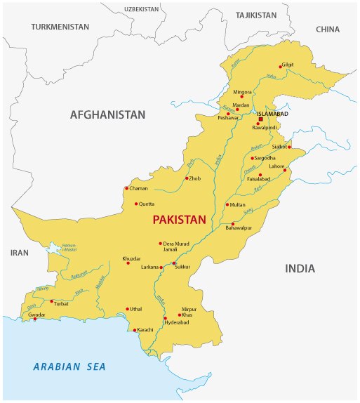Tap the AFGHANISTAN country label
coord(107,114)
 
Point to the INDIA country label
coord(300,268)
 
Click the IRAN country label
coord(20,252)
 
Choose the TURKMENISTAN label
coord(60,27)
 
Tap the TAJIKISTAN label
coord(256,15)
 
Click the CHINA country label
coord(327,29)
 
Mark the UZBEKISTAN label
coord(142,9)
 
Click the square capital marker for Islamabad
coord(260,119)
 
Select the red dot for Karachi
coord(135,330)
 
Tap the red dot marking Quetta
coord(136,204)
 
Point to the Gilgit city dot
coord(282,65)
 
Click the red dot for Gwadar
coord(34,319)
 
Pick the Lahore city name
coord(277,166)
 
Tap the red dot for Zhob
coord(186,178)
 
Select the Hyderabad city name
coord(177,322)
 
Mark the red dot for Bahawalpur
coord(232,224)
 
